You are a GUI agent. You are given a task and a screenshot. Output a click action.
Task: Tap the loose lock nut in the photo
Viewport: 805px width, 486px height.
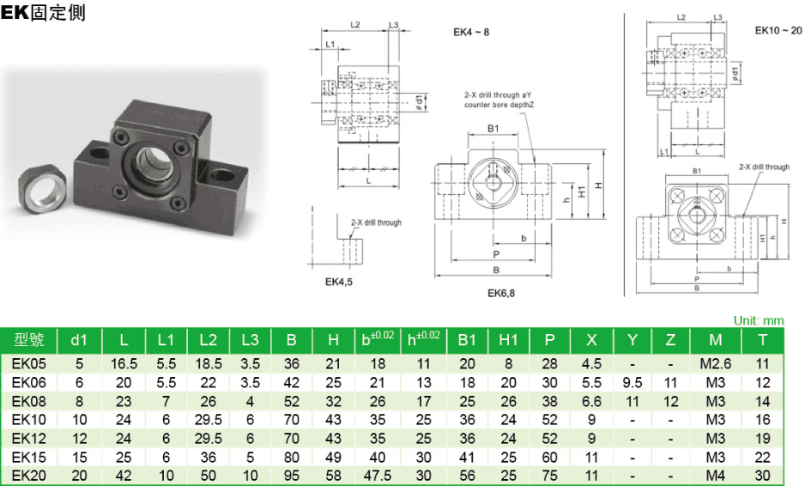tap(44, 186)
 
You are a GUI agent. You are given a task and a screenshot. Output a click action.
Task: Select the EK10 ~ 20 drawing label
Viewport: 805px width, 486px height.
tap(778, 30)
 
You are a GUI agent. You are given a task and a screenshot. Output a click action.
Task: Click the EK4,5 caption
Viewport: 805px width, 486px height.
tap(339, 280)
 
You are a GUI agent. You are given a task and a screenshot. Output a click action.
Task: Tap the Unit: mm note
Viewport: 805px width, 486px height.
tap(759, 320)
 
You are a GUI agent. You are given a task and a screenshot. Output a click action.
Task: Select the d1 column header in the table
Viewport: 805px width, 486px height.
tap(79, 340)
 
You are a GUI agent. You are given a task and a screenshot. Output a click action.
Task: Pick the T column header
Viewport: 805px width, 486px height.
tap(762, 340)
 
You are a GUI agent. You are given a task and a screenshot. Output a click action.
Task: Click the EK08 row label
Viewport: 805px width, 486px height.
tap(29, 401)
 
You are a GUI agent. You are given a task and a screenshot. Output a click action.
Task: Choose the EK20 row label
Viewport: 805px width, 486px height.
tap(29, 476)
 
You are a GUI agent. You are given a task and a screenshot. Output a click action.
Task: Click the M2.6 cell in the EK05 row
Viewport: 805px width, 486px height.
tap(715, 363)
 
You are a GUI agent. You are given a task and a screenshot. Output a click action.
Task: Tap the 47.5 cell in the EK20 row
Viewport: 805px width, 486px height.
tap(377, 476)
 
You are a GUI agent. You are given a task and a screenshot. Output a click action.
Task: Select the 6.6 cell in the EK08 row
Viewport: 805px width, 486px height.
tap(591, 401)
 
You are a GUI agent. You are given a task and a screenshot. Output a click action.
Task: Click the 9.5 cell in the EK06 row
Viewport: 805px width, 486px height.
tap(632, 382)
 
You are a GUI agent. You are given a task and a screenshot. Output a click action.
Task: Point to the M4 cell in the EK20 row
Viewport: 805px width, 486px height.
tap(715, 476)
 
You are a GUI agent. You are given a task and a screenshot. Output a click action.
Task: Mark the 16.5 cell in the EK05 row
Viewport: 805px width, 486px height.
tap(124, 363)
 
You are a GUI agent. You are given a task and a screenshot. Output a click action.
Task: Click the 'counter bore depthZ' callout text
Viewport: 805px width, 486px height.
tap(499, 105)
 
